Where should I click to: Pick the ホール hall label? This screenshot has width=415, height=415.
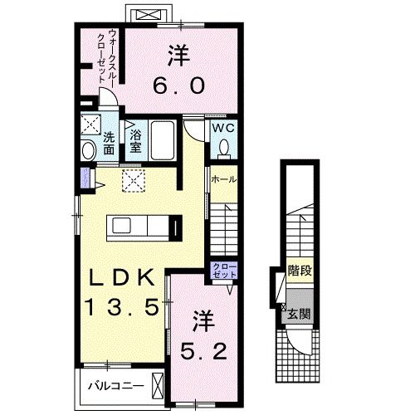[x=224, y=179]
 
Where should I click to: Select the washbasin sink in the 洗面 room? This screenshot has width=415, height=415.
[x=88, y=150]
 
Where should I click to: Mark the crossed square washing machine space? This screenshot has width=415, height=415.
[x=89, y=127]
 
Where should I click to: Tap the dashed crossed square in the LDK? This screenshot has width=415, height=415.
[x=132, y=182]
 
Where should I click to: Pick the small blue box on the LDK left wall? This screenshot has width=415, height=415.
[x=84, y=178]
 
